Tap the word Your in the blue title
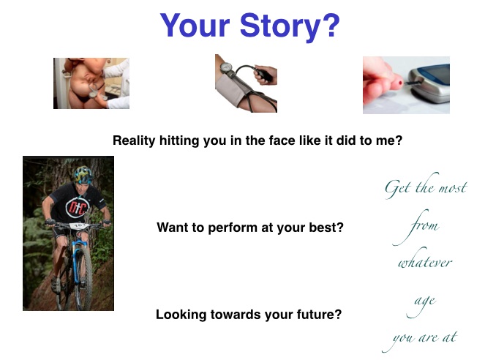tap(195, 26)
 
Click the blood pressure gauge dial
tap(227, 67)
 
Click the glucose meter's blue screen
tap(437, 74)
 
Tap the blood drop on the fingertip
tap(400, 83)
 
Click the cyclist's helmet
tap(83, 175)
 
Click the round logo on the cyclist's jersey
tap(77, 207)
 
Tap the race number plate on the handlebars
tap(78, 226)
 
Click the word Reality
tap(134, 140)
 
